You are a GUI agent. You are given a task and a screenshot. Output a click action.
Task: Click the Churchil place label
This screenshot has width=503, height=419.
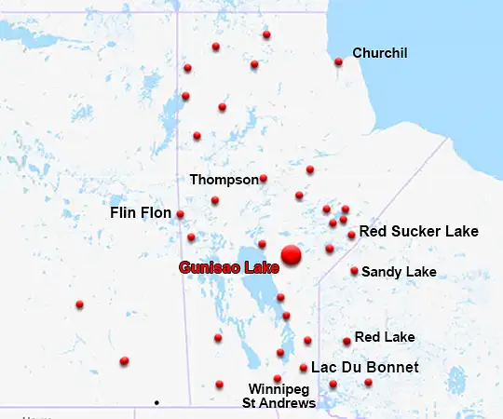[x=380, y=53]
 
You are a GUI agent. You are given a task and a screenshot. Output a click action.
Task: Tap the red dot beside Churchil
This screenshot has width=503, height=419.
[x=338, y=62]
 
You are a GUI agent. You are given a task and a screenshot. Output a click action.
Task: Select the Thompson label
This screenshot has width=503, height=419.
[x=224, y=179]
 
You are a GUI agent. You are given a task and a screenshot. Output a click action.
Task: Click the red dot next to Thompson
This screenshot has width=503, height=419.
[x=264, y=178]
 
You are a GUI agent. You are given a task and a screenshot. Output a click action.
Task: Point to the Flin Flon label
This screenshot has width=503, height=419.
[x=141, y=213]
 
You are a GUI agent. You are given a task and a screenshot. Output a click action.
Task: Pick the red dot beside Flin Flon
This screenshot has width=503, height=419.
[x=180, y=214]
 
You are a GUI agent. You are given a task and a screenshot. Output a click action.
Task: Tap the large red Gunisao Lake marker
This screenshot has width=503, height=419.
[x=292, y=254]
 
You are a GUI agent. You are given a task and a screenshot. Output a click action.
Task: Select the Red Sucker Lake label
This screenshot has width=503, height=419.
[x=418, y=231]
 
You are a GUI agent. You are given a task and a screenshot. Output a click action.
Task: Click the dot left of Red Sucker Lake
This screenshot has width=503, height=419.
[x=351, y=235]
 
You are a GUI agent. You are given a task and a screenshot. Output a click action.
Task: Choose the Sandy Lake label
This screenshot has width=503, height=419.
[x=399, y=272]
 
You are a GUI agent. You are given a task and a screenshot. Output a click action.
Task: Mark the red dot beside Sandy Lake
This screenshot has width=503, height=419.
[x=355, y=271]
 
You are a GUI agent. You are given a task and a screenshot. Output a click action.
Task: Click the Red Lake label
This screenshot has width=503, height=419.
[x=385, y=337]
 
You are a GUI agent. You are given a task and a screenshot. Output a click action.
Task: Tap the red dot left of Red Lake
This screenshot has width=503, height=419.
[x=347, y=342]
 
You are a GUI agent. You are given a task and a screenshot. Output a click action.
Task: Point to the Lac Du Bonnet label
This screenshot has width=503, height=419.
[x=364, y=368]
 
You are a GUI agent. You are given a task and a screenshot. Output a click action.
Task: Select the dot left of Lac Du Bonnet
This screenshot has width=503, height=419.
[x=304, y=368]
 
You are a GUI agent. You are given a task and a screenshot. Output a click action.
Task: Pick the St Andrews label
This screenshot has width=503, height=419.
[x=279, y=403]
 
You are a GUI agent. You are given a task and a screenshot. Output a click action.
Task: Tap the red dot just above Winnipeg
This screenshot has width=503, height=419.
[x=277, y=378]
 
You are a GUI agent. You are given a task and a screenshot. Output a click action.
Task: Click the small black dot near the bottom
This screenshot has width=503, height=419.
[x=156, y=402]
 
